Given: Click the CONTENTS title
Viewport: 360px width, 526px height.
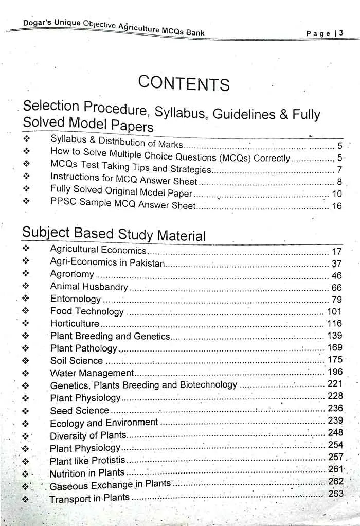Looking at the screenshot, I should [184, 83].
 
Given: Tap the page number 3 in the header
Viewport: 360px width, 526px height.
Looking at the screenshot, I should [341, 33].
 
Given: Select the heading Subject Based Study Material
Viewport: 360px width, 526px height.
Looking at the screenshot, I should [114, 234].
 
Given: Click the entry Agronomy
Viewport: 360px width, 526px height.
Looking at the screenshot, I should [72, 274].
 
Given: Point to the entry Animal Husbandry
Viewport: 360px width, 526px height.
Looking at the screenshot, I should [88, 287].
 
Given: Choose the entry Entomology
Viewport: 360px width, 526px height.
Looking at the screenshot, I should [76, 299].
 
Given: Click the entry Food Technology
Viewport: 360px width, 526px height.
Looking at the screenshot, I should [87, 311].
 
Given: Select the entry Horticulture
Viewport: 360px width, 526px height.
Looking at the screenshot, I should [75, 324].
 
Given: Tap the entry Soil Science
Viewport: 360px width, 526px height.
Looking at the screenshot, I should [76, 361].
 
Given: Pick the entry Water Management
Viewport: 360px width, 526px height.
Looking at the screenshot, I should [92, 373].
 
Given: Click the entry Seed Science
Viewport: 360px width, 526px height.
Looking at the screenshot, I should [79, 411].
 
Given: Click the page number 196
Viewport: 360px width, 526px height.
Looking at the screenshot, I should [335, 372].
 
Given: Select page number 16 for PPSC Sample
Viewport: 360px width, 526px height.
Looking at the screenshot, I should [337, 206].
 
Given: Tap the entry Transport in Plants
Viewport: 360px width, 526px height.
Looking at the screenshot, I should [89, 499].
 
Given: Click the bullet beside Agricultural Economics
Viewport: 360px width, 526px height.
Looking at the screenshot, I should [26, 249].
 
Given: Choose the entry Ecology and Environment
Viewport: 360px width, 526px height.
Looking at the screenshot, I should [103, 423].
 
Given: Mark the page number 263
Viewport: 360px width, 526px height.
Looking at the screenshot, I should [335, 494].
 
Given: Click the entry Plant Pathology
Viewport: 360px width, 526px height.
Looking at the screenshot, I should [83, 348].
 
